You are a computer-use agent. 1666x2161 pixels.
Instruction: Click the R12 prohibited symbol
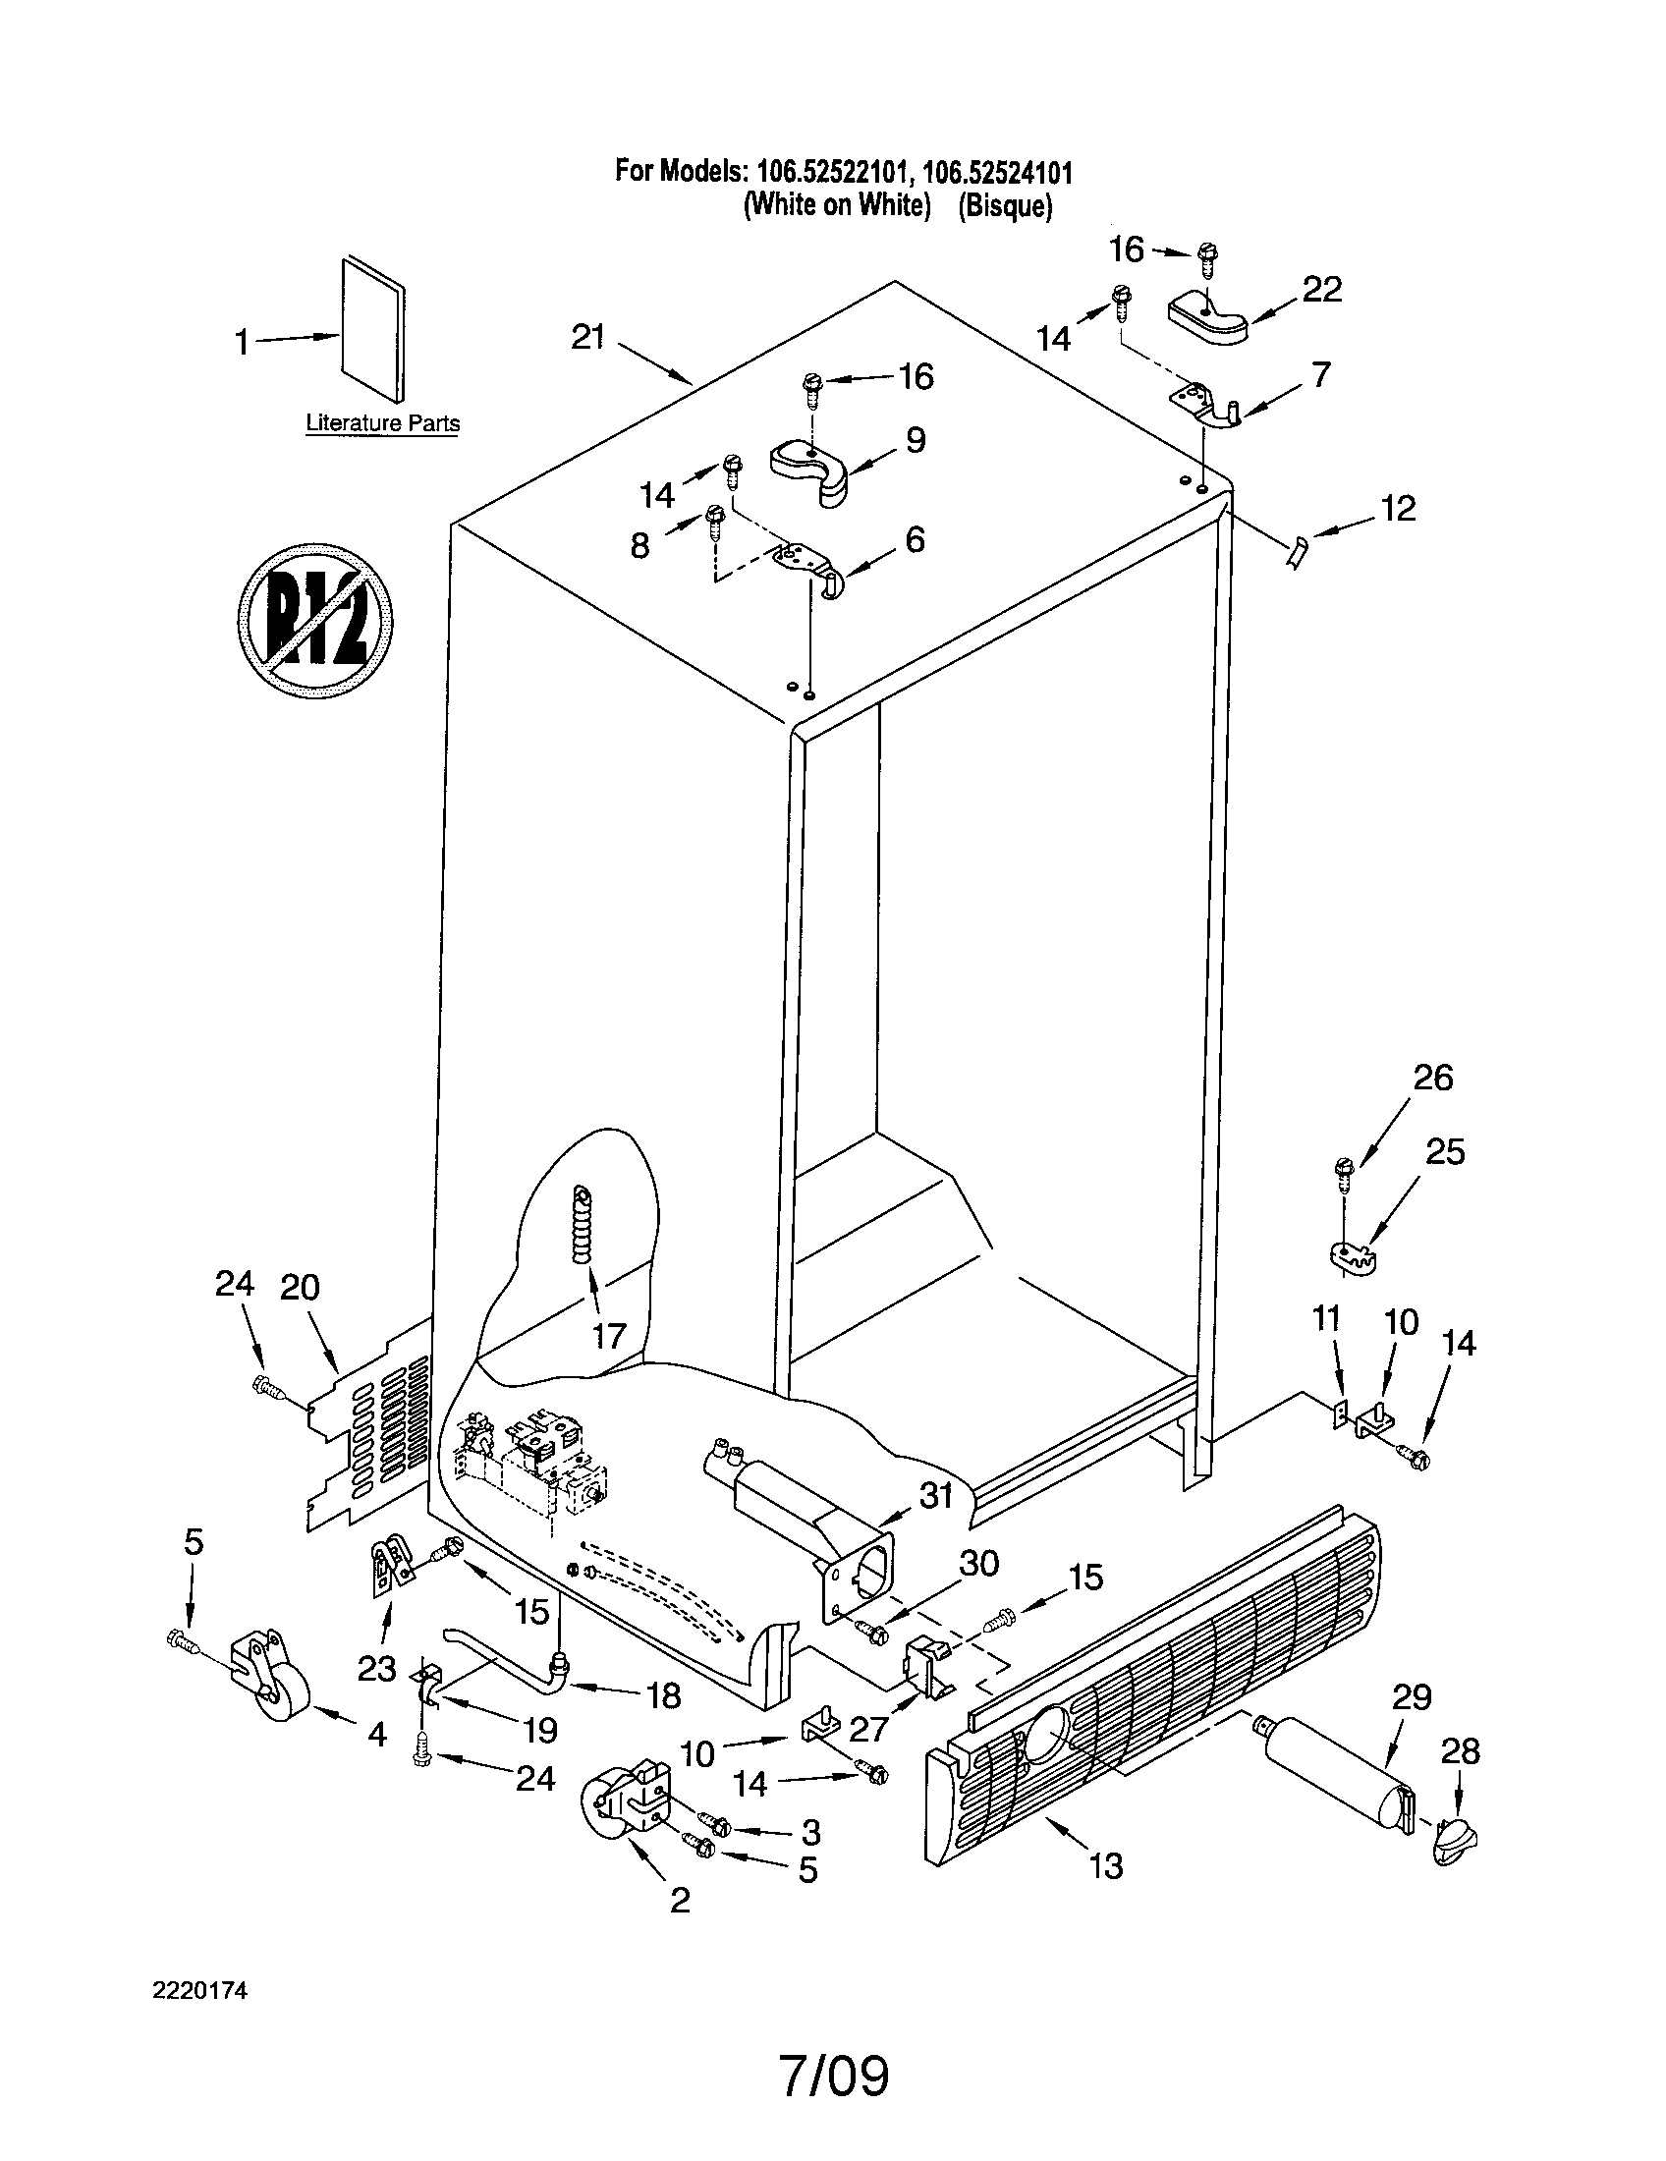(x=314, y=620)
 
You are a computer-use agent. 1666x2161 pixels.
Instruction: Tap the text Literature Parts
(x=382, y=423)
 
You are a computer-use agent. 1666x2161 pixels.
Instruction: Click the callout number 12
(x=1398, y=509)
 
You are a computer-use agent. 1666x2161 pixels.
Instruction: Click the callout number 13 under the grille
(x=1106, y=1866)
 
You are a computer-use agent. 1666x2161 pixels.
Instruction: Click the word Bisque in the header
(x=1004, y=206)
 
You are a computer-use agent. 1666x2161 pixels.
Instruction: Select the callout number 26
(x=1432, y=1077)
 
